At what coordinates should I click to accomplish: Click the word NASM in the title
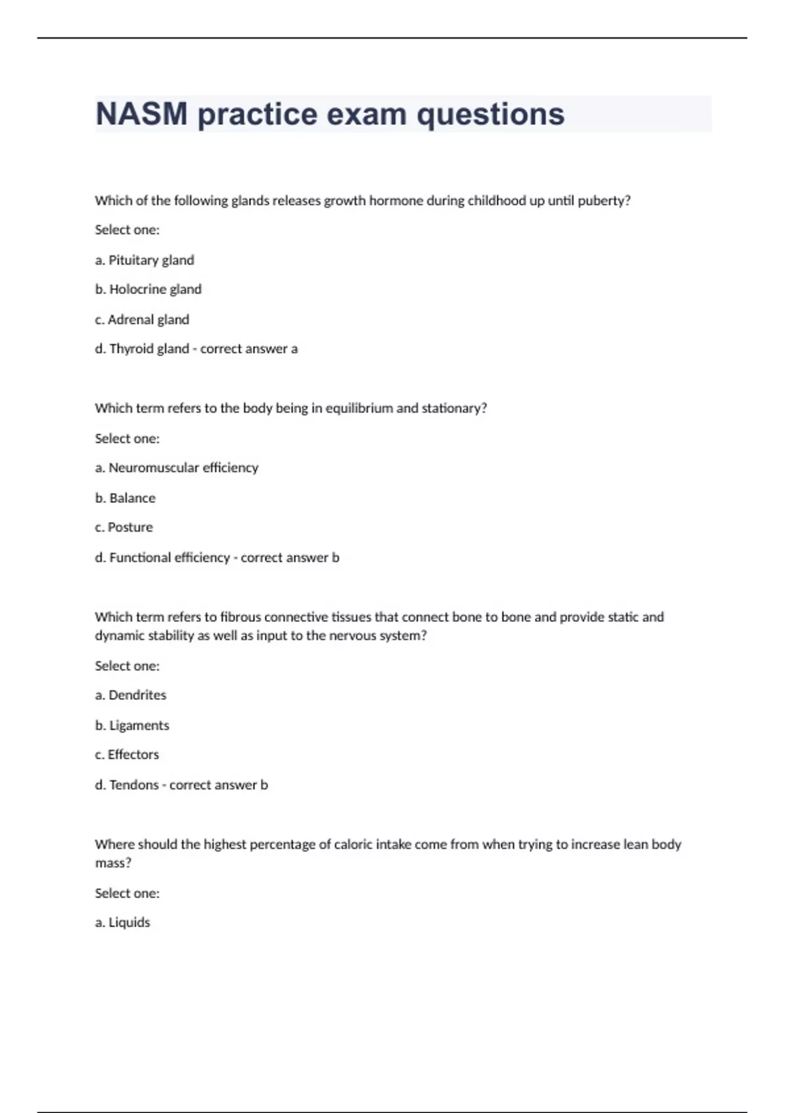141,115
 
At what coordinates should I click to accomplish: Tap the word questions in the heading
491,115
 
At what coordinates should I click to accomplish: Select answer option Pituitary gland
151,260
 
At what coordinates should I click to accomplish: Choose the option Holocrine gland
155,289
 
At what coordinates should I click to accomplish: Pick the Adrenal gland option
148,319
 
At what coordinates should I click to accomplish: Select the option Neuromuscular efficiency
183,467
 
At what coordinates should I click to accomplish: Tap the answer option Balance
132,498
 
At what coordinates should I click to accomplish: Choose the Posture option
130,527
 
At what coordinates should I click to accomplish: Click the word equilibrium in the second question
359,409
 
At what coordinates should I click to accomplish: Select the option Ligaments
139,725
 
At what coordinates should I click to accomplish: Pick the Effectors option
133,755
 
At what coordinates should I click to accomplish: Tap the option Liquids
129,922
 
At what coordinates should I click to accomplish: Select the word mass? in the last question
113,863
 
